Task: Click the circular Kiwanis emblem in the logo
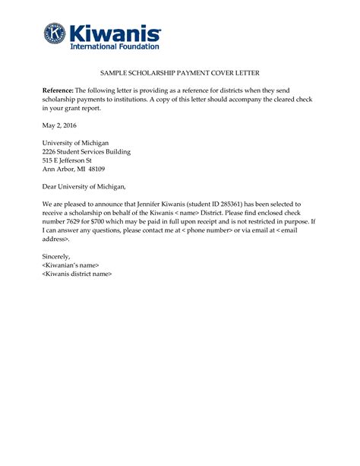coord(55,33)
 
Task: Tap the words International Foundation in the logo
coord(115,46)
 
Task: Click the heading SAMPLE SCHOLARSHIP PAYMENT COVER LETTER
coord(180,73)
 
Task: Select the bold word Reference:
coord(58,90)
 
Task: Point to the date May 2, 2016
coord(59,125)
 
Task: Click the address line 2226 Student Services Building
coord(86,151)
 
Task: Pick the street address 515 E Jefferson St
coord(67,160)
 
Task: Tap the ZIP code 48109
coord(95,170)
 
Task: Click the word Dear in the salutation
coord(49,186)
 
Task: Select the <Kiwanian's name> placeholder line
coord(71,265)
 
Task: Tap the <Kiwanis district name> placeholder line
coord(77,274)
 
